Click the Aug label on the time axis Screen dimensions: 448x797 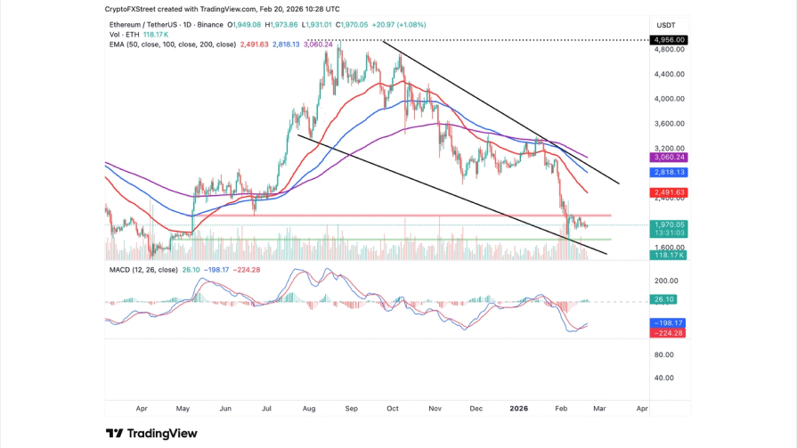coord(309,408)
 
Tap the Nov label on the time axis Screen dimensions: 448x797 coord(435,408)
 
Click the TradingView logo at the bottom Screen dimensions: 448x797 coord(151,434)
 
